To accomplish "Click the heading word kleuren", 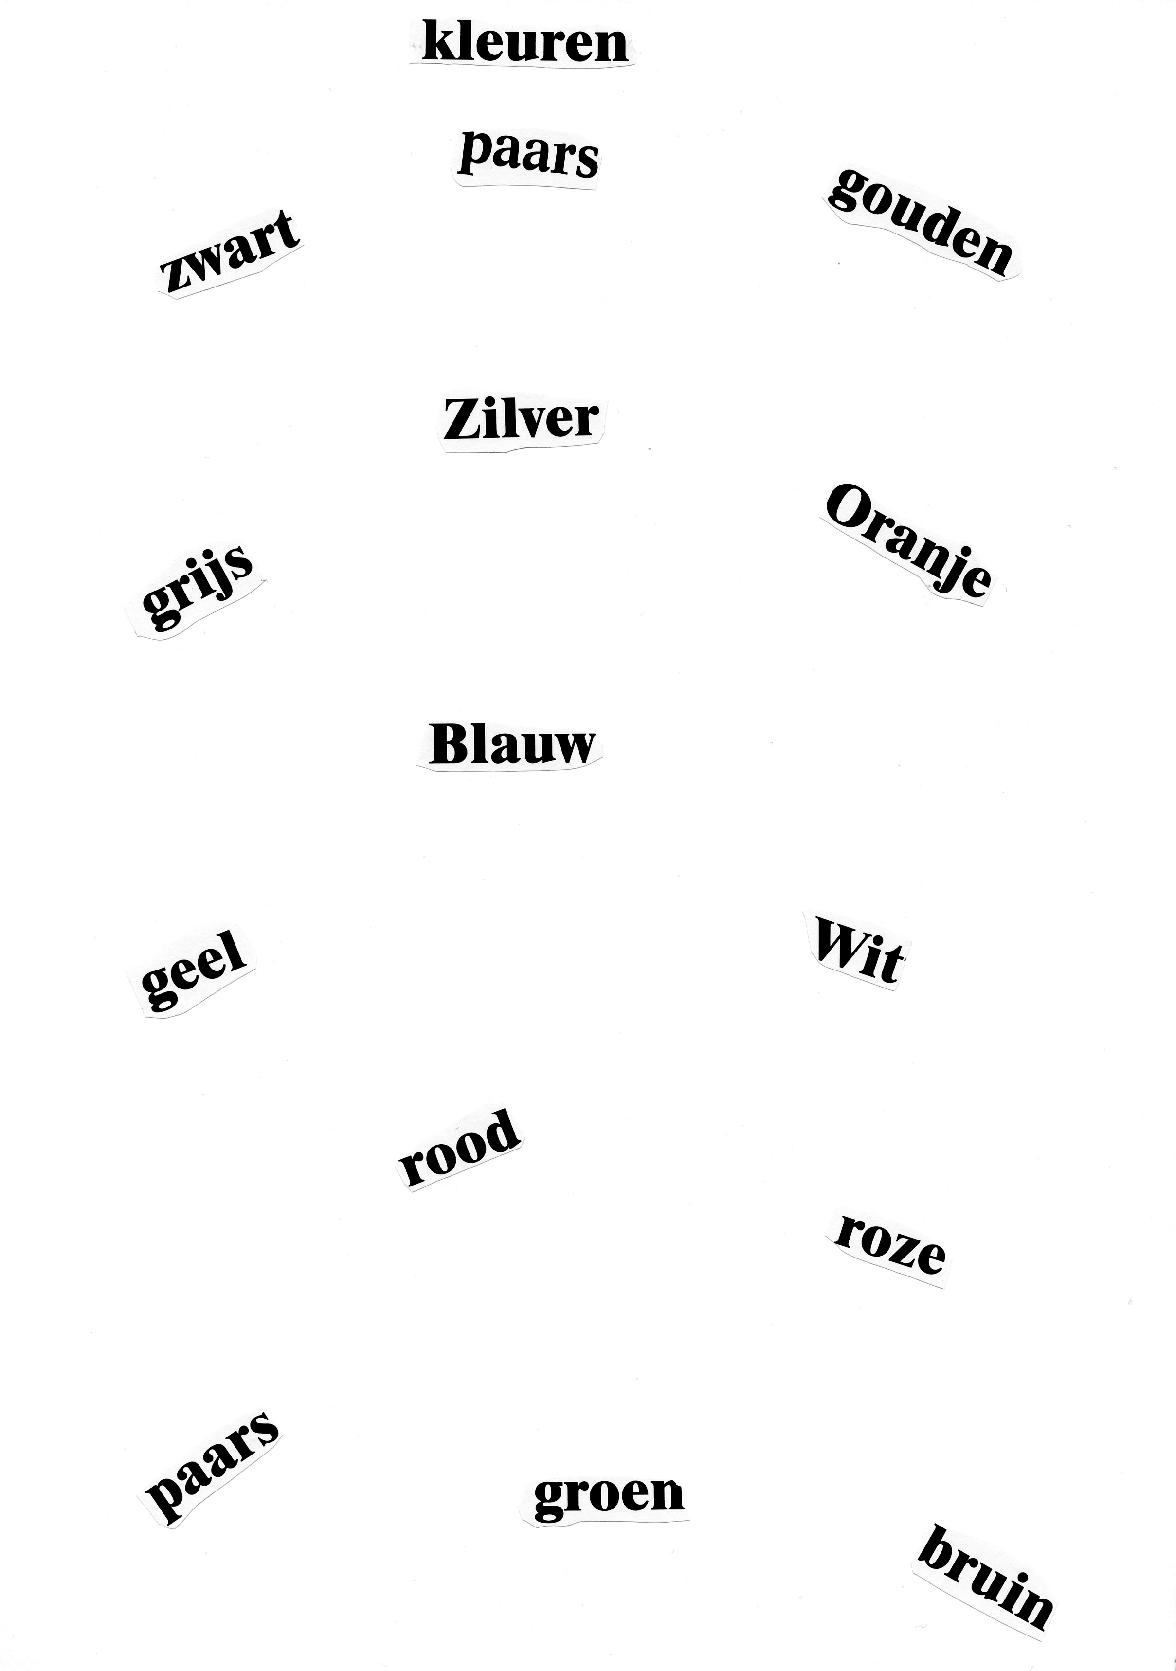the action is (x=524, y=42).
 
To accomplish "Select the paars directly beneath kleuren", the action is (x=528, y=154).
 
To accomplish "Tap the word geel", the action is (x=194, y=971).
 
